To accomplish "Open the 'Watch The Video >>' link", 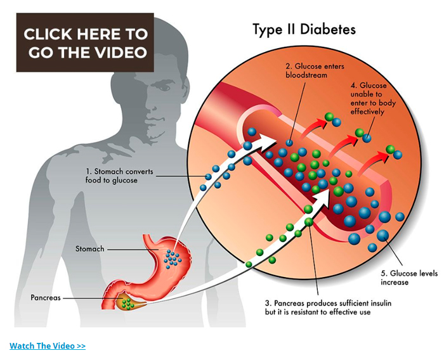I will pos(48,345).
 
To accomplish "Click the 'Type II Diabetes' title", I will pos(304,29).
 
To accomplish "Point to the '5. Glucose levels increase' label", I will pos(403,278).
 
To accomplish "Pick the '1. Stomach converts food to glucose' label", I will pos(120,176).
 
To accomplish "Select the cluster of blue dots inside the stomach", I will pos(173,257).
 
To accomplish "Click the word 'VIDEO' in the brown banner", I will pos(120,52).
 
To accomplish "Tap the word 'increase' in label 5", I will pos(395,282).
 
